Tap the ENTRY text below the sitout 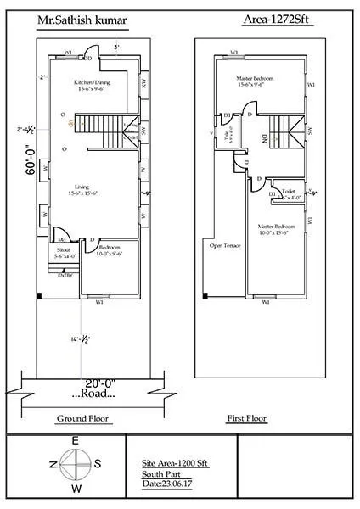coord(65,275)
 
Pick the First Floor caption coord(248,419)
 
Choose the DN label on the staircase coord(264,137)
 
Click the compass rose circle coord(74,463)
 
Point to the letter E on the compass coord(75,440)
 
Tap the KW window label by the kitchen coord(144,84)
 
